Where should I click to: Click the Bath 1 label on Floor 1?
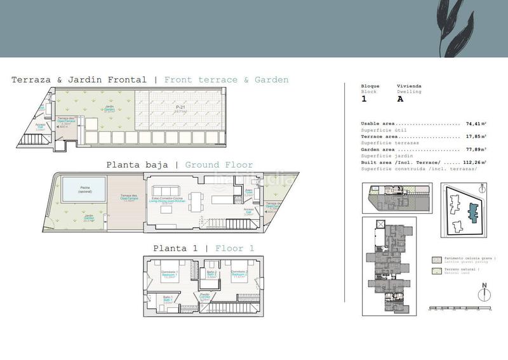168,300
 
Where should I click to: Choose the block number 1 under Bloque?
364,99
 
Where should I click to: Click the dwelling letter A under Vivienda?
400,99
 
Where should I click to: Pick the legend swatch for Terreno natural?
436,271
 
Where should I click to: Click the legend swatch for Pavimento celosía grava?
436,260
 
